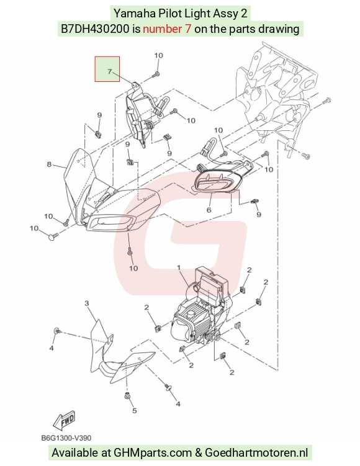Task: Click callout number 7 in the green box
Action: click(x=109, y=71)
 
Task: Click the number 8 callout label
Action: click(x=49, y=164)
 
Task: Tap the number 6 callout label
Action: click(x=209, y=210)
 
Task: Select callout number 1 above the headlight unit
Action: click(x=179, y=268)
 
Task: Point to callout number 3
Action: click(x=86, y=303)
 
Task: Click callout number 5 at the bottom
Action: click(x=134, y=410)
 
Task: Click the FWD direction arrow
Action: click(x=64, y=419)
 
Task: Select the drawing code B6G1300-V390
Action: click(x=66, y=438)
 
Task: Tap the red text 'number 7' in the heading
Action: click(x=167, y=29)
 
